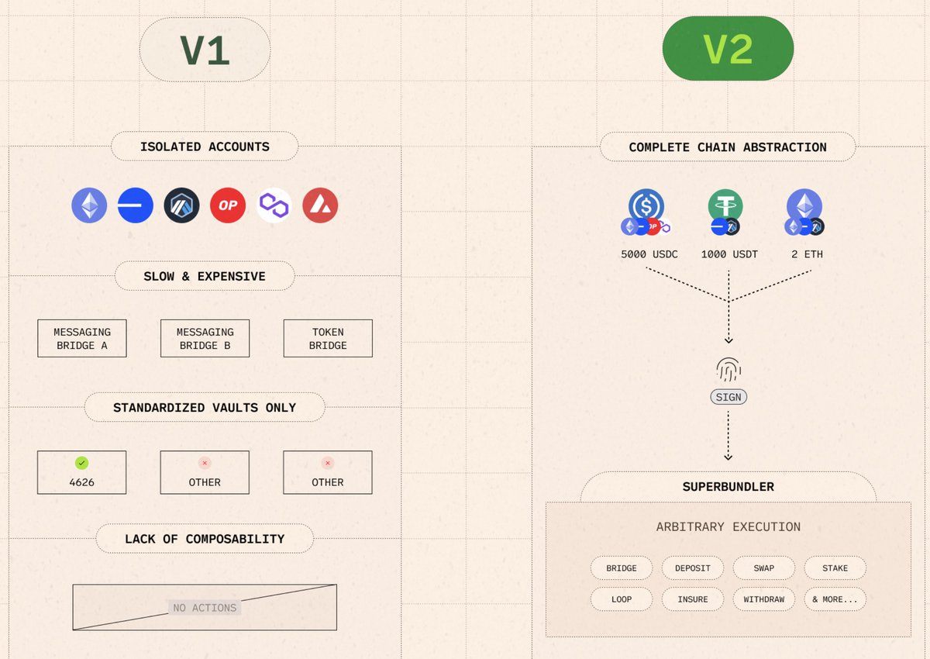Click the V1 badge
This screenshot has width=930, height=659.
pyautogui.click(x=205, y=50)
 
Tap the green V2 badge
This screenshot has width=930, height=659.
pyautogui.click(x=728, y=49)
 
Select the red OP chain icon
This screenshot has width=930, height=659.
pyautogui.click(x=228, y=205)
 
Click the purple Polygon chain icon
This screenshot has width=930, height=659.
pyautogui.click(x=274, y=205)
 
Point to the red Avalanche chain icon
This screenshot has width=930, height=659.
pyautogui.click(x=320, y=205)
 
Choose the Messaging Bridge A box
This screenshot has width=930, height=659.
pyautogui.click(x=82, y=339)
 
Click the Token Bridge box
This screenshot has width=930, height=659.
pyautogui.click(x=328, y=339)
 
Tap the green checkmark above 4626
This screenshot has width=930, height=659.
pyautogui.click(x=81, y=463)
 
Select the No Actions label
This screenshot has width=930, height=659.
pyautogui.click(x=205, y=608)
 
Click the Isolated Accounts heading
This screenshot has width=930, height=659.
pyautogui.click(x=205, y=147)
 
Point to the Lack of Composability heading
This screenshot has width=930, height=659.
pyautogui.click(x=205, y=539)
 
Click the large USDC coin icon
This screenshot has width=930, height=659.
pyautogui.click(x=646, y=206)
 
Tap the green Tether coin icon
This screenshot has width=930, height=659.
pyautogui.click(x=725, y=206)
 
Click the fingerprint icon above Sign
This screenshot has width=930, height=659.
pyautogui.click(x=728, y=370)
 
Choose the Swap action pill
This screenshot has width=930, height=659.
pyautogui.click(x=764, y=568)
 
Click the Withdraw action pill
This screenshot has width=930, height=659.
pyautogui.click(x=764, y=599)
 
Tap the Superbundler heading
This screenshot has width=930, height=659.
pyautogui.click(x=728, y=487)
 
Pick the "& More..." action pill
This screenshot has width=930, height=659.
pyautogui.click(x=835, y=599)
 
